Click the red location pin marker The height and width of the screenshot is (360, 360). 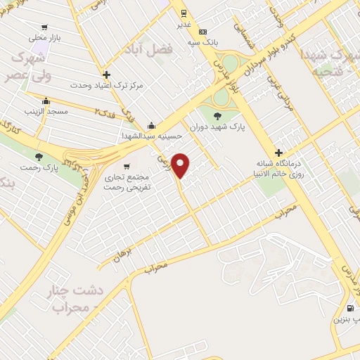(181, 166)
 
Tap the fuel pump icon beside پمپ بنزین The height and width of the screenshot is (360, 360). (350, 308)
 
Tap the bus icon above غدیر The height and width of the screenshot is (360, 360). (183, 13)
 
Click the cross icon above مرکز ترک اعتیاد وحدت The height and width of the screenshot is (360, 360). (106, 74)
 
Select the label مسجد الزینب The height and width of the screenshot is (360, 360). (45, 111)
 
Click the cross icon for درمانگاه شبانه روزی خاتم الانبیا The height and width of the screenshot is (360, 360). (279, 153)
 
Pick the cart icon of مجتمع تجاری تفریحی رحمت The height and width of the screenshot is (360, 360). (126, 167)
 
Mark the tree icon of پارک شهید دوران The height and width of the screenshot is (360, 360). (217, 116)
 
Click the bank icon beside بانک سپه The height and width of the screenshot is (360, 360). (203, 32)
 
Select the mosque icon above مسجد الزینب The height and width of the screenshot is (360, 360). (46, 101)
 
